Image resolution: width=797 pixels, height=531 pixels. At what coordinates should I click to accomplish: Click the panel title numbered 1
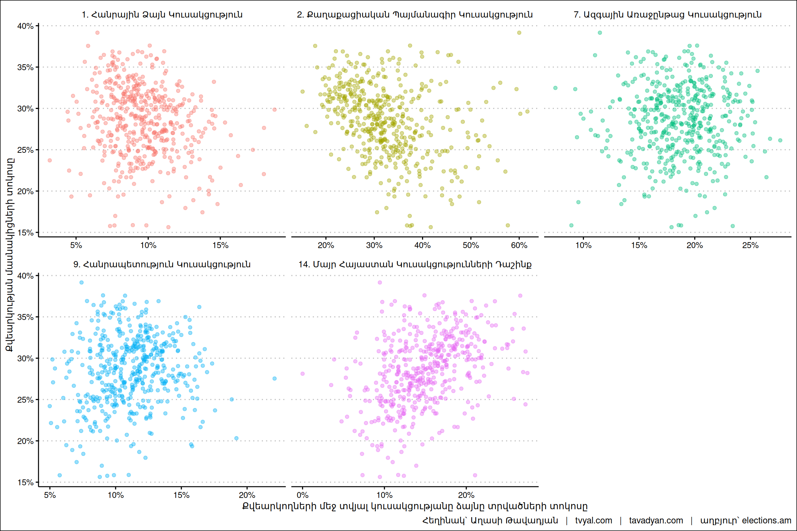(162, 15)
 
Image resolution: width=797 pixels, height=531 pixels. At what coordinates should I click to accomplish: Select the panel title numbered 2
(414, 15)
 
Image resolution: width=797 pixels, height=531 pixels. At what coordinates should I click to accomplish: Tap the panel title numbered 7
(667, 15)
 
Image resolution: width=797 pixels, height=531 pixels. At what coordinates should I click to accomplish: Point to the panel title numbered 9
(162, 264)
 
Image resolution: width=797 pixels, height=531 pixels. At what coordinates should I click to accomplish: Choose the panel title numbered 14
(414, 264)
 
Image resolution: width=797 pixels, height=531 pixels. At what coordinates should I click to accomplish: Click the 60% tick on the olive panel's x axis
(519, 245)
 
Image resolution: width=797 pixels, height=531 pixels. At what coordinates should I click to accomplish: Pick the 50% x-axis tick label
(470, 245)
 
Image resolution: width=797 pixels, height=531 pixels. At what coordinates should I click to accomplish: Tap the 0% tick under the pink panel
(302, 495)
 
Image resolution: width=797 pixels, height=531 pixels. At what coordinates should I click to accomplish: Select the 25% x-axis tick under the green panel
(750, 245)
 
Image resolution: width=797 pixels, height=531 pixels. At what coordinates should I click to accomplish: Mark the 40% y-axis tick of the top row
(25, 26)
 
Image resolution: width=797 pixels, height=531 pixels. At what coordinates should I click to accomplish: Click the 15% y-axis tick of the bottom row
(25, 483)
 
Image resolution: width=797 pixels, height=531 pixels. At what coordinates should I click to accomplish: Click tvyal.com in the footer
(593, 521)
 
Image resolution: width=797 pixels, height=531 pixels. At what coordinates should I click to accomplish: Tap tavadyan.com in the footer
(656, 521)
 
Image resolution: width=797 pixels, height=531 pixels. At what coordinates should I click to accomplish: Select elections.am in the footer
(767, 521)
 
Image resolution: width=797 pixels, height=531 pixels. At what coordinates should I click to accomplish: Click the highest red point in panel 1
(98, 33)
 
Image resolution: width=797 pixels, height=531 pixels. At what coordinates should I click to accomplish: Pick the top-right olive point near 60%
(519, 33)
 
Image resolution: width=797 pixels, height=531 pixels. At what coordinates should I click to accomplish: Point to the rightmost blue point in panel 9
(274, 379)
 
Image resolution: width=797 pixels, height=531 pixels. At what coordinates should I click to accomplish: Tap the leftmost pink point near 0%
(303, 374)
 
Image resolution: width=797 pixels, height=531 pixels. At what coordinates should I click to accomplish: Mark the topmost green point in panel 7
(600, 33)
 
